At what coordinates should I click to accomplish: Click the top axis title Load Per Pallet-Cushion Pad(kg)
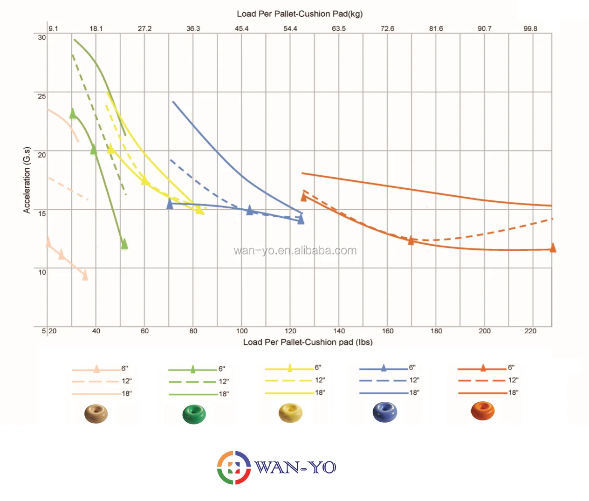tap(300, 14)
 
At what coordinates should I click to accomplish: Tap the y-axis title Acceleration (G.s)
tap(27, 180)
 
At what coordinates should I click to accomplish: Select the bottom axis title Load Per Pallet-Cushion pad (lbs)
tap(308, 342)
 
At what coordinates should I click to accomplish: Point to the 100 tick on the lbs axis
tap(242, 331)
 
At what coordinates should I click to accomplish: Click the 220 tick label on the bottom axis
tap(530, 331)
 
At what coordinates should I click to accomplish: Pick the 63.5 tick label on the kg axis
tap(339, 28)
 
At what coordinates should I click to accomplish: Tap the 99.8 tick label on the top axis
tap(530, 28)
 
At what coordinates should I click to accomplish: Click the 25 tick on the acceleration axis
tap(42, 96)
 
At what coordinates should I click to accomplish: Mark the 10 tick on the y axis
tap(42, 272)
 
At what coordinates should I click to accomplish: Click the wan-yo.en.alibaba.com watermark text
tap(295, 251)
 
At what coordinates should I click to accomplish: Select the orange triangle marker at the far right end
tap(553, 247)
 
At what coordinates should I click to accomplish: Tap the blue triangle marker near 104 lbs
tap(250, 210)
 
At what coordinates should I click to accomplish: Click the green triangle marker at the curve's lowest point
tap(124, 244)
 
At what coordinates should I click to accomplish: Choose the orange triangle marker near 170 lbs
tap(411, 240)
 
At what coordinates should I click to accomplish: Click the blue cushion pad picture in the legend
tap(385, 412)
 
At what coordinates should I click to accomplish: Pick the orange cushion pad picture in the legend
tap(483, 411)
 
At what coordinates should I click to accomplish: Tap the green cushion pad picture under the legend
tap(194, 414)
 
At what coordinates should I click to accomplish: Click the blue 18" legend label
tap(414, 393)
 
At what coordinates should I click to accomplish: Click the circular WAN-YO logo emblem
tap(234, 467)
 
